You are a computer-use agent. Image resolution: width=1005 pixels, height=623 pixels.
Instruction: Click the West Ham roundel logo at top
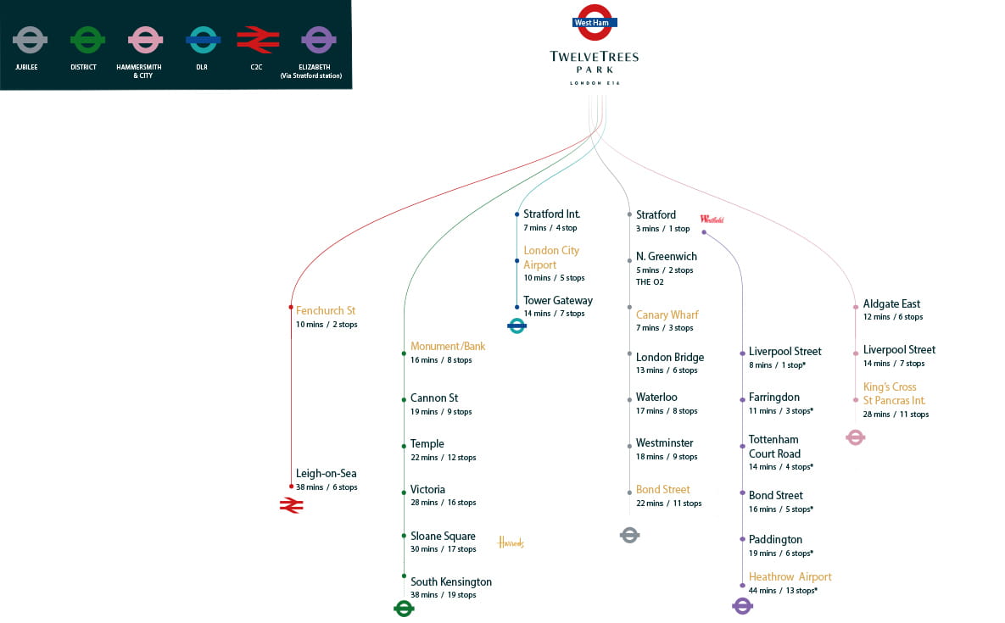[x=593, y=23]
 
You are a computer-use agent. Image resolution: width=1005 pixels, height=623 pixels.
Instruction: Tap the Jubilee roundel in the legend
[x=31, y=39]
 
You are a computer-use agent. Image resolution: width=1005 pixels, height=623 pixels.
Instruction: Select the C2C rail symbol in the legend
[x=257, y=39]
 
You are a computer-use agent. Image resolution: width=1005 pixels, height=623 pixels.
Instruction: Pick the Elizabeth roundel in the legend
[x=319, y=39]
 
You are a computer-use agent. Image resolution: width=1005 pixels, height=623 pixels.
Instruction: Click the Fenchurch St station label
[x=326, y=311]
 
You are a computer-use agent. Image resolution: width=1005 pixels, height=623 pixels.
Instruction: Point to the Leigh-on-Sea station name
[x=327, y=474]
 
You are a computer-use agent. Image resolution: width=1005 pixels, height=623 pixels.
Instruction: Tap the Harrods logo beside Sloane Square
[x=511, y=542]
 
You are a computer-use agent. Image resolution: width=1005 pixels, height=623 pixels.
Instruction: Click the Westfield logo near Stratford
[x=712, y=219]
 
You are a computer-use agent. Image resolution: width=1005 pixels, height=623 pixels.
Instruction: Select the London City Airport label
[x=551, y=258]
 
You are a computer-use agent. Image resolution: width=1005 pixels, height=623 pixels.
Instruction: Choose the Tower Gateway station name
[x=558, y=301]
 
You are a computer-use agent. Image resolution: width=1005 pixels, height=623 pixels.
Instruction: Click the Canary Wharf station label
[x=667, y=315]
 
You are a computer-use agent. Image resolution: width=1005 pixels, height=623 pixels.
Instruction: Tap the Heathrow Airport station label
[x=790, y=577]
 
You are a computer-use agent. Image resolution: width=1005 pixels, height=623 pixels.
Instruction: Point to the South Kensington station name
[x=451, y=582]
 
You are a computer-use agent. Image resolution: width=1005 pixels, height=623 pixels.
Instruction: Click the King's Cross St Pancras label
[x=894, y=394]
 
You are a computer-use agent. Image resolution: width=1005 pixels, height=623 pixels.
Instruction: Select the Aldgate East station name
[x=891, y=304]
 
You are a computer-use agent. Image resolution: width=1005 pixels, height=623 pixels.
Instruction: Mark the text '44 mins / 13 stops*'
[x=783, y=591]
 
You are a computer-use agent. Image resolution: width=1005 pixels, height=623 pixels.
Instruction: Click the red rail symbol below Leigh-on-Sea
[x=291, y=505]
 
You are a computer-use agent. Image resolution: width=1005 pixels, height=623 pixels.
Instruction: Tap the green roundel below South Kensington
[x=404, y=608]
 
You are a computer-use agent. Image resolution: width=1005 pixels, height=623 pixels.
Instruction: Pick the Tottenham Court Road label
[x=774, y=447]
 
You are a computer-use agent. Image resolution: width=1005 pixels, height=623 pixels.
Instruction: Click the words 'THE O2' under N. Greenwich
[x=650, y=282]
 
